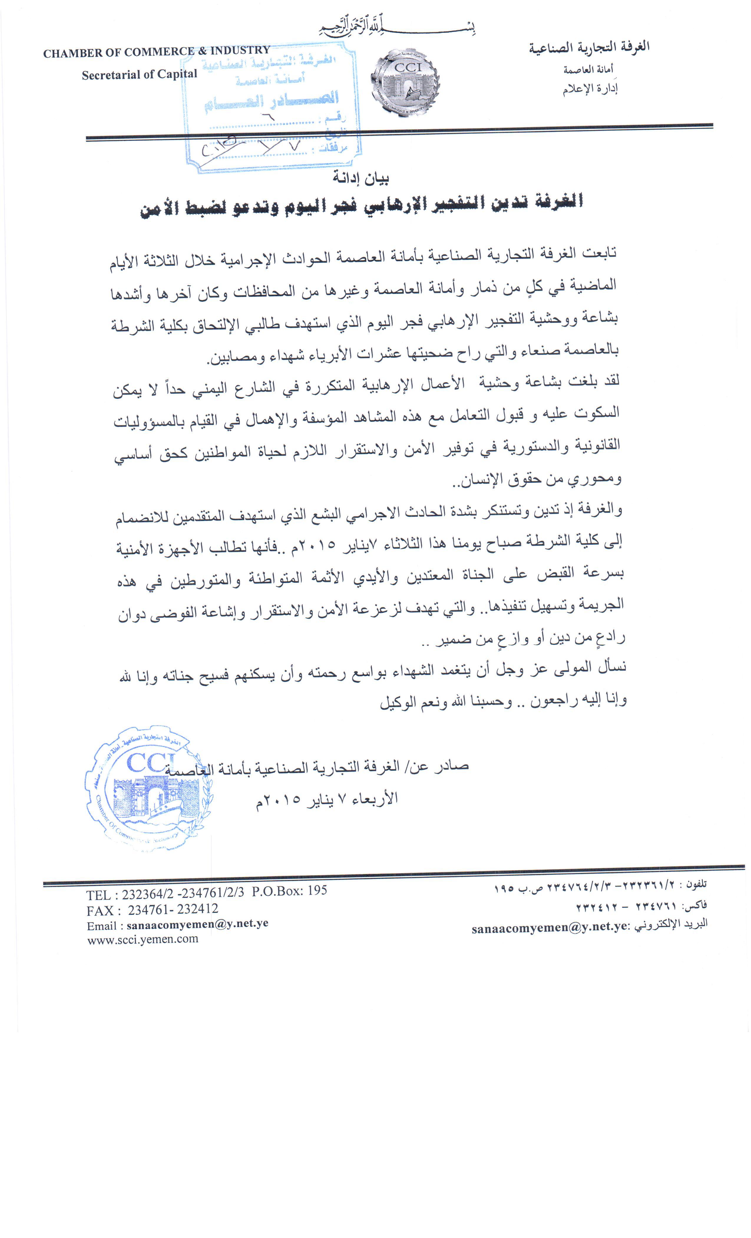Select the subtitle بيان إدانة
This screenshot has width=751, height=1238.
click(361, 178)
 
